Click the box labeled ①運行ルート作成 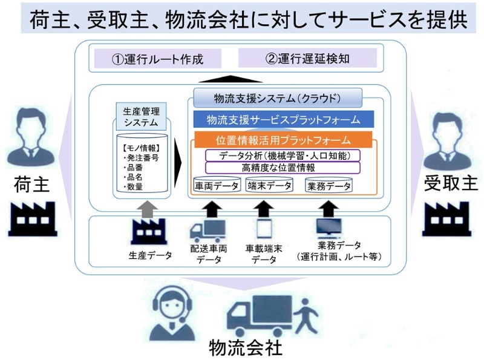[x=156, y=59]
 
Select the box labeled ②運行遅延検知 [x=307, y=58]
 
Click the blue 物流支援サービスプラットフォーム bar [x=283, y=119]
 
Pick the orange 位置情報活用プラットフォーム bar [x=283, y=140]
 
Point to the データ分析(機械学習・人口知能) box [x=283, y=155]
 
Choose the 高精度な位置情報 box [x=283, y=168]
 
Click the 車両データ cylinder [x=217, y=186]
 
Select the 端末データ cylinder [x=269, y=186]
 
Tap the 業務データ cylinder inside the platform [x=329, y=186]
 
